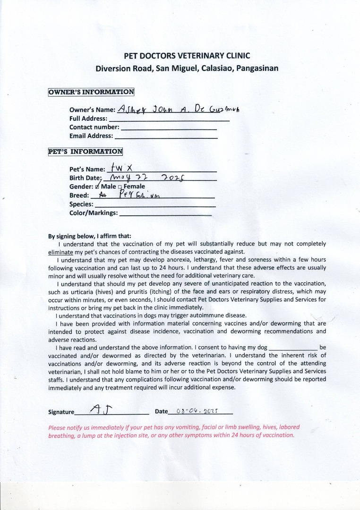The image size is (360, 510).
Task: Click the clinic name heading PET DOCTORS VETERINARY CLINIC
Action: [x=187, y=56]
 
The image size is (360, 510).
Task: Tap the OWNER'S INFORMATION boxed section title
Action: [x=91, y=92]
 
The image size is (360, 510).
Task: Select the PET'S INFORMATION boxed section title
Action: [x=86, y=152]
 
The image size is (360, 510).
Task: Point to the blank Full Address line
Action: [x=169, y=119]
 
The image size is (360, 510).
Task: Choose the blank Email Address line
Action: [x=166, y=136]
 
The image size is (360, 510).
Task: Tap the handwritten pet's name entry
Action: [x=116, y=168]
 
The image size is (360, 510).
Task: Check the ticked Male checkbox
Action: [x=97, y=187]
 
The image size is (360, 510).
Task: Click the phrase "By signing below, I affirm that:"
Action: [x=90, y=236]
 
